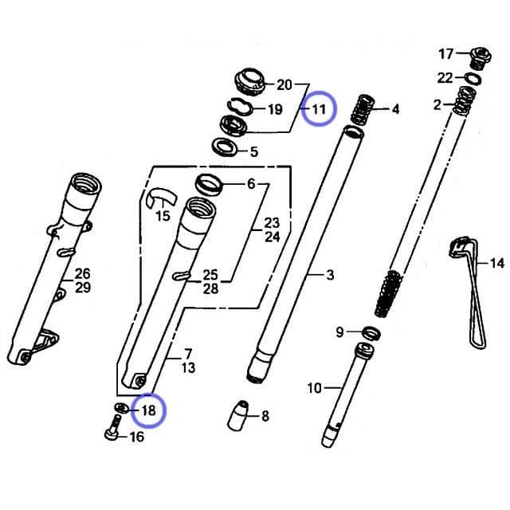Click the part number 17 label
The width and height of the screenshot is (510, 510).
[446, 53]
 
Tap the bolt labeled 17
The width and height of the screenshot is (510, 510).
[481, 58]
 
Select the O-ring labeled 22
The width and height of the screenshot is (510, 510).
[473, 79]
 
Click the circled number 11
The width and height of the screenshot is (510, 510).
[319, 109]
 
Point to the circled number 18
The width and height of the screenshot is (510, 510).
[149, 410]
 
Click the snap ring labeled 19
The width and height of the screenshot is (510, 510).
[239, 106]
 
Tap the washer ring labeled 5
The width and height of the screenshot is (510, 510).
[224, 147]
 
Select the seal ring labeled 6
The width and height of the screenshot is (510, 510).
[209, 184]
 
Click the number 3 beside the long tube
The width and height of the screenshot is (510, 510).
[330, 275]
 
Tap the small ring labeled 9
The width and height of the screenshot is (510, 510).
[371, 333]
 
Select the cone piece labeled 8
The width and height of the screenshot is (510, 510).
[238, 416]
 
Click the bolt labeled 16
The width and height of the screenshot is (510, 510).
[113, 427]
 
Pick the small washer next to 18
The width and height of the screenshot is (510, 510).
[122, 408]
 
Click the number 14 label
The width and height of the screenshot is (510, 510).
[497, 263]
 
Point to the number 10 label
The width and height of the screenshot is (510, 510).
[314, 388]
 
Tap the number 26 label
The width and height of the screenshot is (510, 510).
[82, 273]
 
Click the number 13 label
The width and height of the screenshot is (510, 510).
[188, 367]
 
